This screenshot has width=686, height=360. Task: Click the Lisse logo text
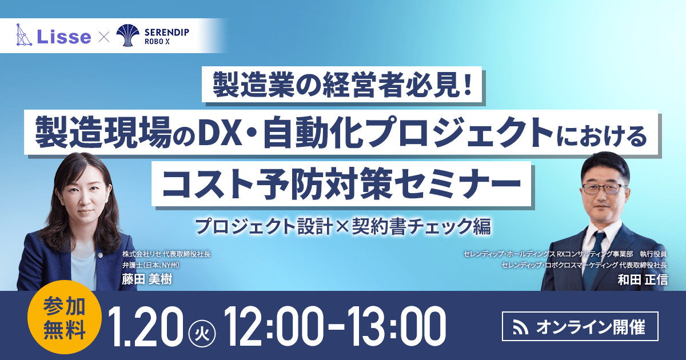[x=64, y=37]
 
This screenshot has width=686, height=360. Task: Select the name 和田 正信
[x=643, y=279]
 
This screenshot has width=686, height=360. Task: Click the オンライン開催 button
[x=579, y=327]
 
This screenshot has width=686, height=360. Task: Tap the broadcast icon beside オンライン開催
[x=520, y=328]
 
